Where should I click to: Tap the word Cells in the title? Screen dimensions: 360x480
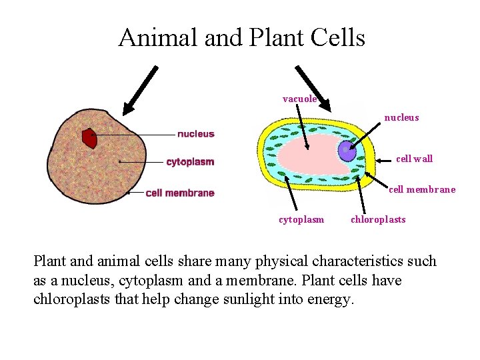(339, 37)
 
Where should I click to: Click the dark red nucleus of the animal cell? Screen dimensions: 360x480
(89, 139)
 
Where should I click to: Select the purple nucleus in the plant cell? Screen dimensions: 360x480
(347, 151)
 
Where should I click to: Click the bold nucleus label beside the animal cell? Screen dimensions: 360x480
(196, 134)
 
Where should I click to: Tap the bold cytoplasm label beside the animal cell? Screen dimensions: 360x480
(190, 162)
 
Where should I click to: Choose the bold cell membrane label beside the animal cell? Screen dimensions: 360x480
(180, 193)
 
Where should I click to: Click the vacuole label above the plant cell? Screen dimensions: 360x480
(300, 99)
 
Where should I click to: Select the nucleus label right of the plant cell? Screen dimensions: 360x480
(401, 118)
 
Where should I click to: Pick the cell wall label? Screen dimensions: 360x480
(414, 159)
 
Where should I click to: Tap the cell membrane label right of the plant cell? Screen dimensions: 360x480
(422, 189)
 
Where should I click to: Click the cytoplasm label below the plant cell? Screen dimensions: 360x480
(301, 219)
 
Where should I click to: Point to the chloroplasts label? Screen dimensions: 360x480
(378, 219)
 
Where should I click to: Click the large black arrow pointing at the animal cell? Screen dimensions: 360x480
(140, 87)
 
